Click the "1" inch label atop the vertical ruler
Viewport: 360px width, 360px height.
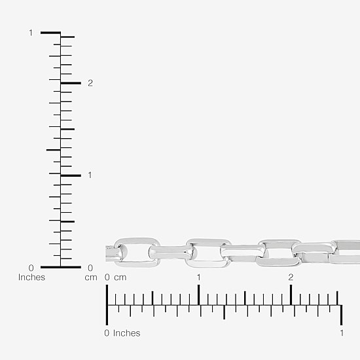point(31,33)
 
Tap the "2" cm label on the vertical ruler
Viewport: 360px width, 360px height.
point(90,83)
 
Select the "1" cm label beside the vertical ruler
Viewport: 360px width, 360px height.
point(90,175)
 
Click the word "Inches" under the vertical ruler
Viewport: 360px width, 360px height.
point(31,277)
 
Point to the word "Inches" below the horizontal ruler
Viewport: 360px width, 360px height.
point(127,333)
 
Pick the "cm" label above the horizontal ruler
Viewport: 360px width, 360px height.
point(120,278)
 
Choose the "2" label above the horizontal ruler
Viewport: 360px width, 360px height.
point(291,278)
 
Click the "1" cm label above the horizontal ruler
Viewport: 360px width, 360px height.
point(198,278)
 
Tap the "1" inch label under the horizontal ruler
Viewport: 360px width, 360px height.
point(342,333)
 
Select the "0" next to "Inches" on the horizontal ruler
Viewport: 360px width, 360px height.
point(107,333)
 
